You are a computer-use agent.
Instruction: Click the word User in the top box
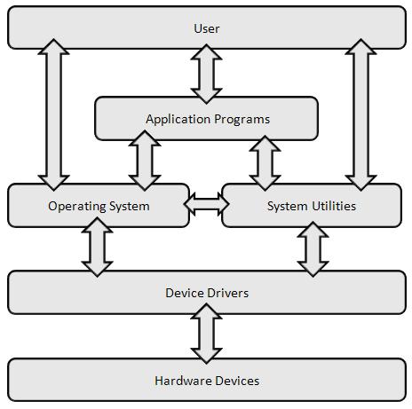coord(207,28)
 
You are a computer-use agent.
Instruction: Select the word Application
coord(178,120)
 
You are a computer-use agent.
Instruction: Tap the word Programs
coord(242,120)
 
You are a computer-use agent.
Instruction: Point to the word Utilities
coord(334,206)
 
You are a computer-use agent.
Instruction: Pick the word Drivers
coord(227,293)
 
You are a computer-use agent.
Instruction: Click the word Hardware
coord(183,381)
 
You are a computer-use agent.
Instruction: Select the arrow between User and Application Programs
coord(206,74)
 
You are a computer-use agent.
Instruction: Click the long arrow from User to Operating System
coord(54,114)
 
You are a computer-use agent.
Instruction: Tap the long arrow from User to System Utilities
coord(360,114)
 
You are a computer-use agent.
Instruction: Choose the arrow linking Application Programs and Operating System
coord(145,161)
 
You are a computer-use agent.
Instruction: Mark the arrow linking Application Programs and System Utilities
coord(265,163)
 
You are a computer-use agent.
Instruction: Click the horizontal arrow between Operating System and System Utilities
coord(206,204)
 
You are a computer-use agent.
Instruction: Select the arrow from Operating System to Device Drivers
coord(97,247)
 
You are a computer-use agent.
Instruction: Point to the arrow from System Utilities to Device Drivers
coord(313,249)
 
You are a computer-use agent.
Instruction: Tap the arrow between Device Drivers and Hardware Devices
coord(206,334)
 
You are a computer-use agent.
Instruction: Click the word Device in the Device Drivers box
coord(185,293)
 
